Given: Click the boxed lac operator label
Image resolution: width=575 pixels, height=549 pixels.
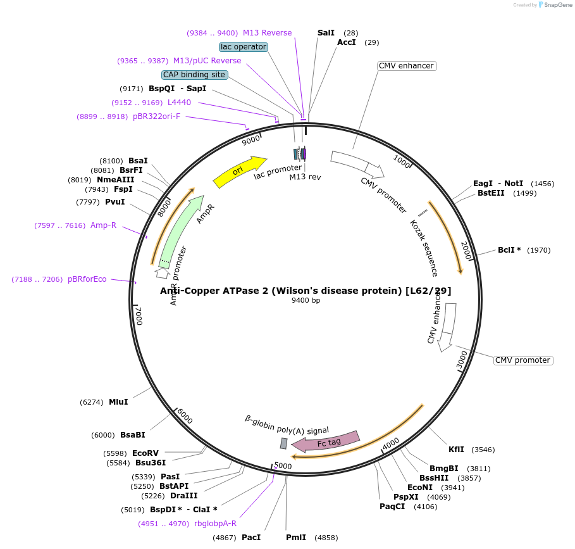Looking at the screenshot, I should coord(244,47).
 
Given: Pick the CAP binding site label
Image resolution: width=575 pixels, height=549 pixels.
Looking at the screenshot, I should coord(194,75).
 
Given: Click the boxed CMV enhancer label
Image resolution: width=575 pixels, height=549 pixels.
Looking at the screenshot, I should coord(406,66).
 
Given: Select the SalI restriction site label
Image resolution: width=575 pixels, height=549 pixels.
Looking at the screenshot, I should coord(326,32).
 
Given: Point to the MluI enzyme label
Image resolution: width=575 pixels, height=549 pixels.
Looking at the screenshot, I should coord(118,402).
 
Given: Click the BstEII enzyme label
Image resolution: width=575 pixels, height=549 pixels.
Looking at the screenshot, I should coord(491,193).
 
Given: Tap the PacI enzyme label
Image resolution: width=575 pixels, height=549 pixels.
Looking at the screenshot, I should coord(251,538).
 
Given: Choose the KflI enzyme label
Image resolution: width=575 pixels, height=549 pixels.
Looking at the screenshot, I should coord(456,450).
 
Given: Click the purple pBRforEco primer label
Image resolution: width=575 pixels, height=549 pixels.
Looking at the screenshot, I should coord(87,279).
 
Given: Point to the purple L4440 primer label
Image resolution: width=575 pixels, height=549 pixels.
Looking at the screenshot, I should coord(179,103).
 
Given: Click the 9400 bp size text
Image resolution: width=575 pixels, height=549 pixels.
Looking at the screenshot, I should coord(306,300).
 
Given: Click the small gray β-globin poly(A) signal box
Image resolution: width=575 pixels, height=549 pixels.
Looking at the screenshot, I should coord(284,443).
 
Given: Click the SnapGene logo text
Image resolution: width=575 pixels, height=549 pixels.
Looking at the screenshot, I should coord(557,4).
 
